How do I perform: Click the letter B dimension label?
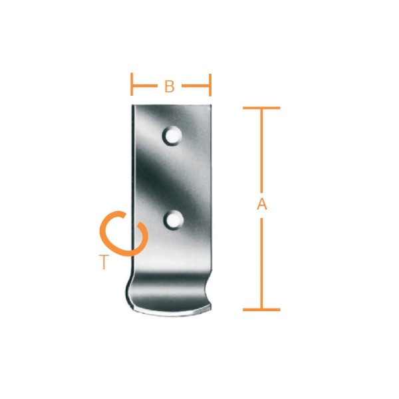170,86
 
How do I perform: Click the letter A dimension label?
262,204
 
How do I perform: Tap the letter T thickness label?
104,262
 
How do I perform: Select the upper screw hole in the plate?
172,136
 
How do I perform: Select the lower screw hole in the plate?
174,220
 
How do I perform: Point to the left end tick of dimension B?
132,84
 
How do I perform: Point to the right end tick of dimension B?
210,85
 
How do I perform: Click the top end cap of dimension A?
261,108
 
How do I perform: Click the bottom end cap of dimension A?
261,310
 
